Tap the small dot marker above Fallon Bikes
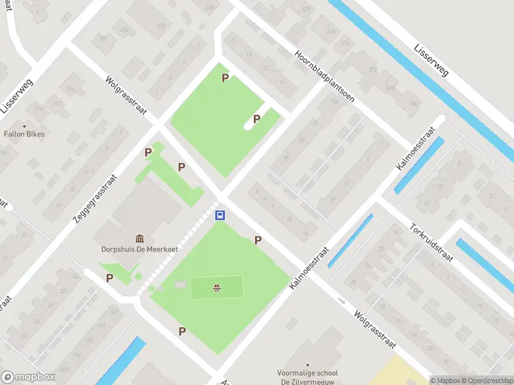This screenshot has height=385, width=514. click(x=25, y=126)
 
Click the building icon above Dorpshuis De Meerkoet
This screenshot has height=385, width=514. click(x=139, y=238)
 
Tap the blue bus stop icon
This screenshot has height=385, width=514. click(x=220, y=216)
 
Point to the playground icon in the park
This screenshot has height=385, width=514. click(x=217, y=288)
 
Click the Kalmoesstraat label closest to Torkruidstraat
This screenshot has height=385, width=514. click(x=416, y=148)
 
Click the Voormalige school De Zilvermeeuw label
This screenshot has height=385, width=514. click(x=307, y=377)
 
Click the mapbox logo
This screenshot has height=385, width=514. click(x=27, y=377)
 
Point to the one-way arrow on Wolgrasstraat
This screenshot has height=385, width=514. click(x=341, y=300)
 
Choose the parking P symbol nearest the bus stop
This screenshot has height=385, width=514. click(x=258, y=240)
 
